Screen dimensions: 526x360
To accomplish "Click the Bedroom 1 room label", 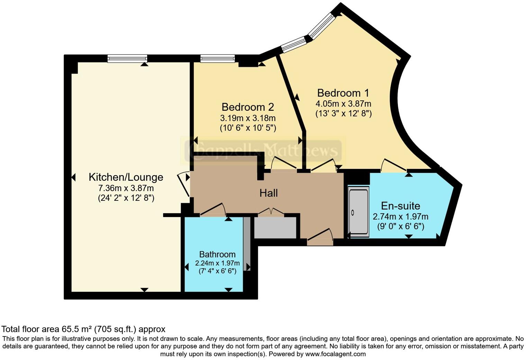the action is pos(343,93).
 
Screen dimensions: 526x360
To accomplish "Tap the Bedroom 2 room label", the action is pos(248,107).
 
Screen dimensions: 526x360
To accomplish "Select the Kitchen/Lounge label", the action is pos(126,177).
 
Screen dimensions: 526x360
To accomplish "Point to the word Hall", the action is pos(269,193).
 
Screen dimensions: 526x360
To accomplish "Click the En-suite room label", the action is pos(400,206).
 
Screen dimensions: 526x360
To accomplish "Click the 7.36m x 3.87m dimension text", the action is pos(126,189).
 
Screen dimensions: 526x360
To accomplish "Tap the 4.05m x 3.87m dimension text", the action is pos(343,104).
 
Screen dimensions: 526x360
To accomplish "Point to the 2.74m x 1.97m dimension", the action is pos(400,217).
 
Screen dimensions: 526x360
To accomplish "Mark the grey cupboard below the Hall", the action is pos(275,228).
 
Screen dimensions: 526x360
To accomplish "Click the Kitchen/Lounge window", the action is pos(127,58).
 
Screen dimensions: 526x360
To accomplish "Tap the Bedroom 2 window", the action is pos(218,58).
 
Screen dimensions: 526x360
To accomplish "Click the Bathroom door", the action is pos(213,209).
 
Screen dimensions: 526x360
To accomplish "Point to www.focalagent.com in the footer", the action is pos(335,354).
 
